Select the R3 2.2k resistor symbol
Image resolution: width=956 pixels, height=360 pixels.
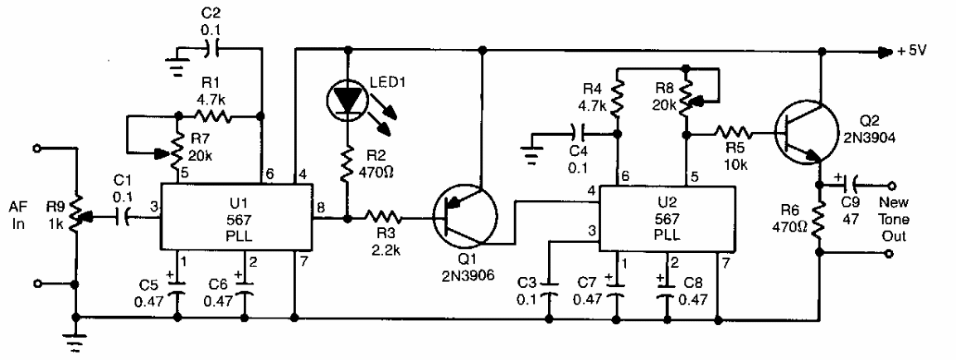(x=388, y=219)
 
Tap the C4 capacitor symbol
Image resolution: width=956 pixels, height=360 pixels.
(x=575, y=131)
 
